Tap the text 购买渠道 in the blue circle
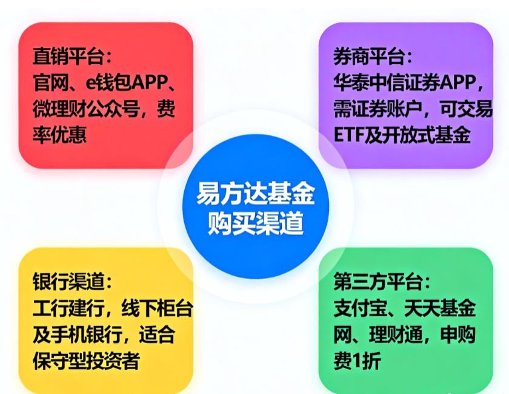click(255, 225)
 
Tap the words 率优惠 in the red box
click(59, 134)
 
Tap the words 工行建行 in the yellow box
click(66, 308)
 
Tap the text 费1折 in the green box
click(357, 360)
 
